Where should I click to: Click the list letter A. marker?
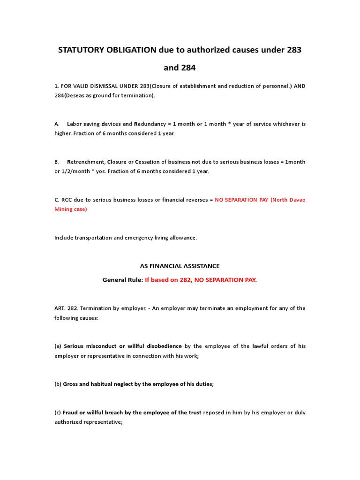[x=57, y=124]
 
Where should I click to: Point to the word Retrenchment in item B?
[x=85, y=162]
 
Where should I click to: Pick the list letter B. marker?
[x=57, y=162]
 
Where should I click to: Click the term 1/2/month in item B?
[x=77, y=171]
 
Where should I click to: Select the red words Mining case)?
[x=71, y=209]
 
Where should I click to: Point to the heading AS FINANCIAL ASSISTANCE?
[x=180, y=266]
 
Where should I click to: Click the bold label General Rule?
[x=122, y=280]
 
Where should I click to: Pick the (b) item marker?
[x=58, y=384]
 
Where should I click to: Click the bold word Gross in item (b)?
[x=71, y=384]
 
